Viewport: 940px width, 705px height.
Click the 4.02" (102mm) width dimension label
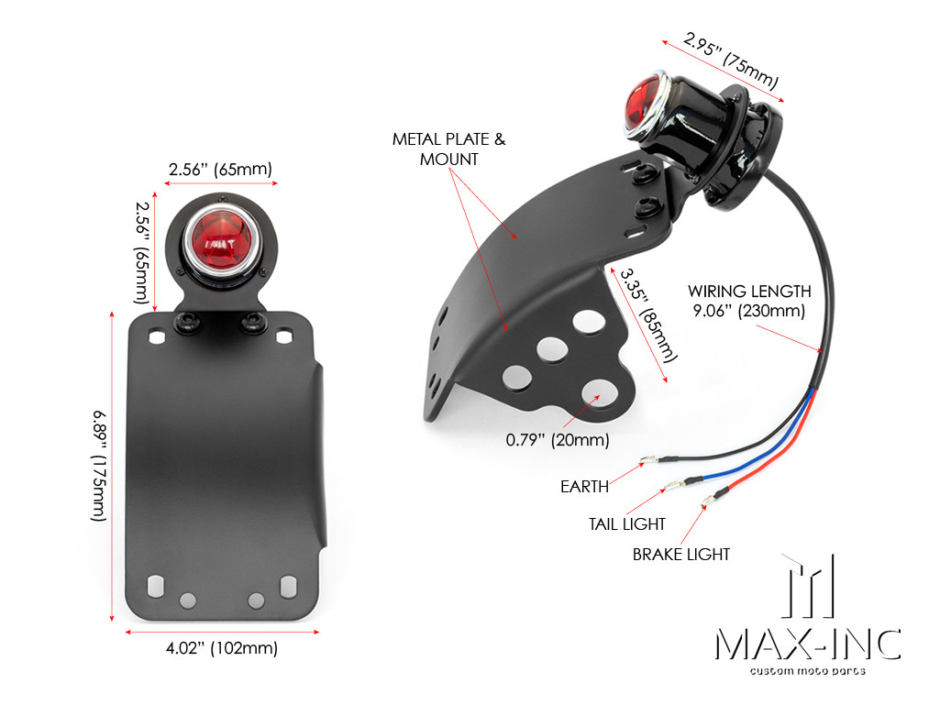point(221,649)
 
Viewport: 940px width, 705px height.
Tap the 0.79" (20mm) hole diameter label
point(558,440)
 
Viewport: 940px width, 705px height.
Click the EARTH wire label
point(584,487)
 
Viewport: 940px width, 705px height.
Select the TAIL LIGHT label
point(627,523)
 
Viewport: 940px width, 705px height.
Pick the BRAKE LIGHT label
point(681,555)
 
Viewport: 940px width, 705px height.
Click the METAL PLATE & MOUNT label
point(448,149)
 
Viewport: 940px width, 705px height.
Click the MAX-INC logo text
point(807,644)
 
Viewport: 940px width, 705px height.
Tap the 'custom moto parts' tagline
point(807,672)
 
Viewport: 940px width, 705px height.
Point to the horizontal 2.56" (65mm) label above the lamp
point(221,170)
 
